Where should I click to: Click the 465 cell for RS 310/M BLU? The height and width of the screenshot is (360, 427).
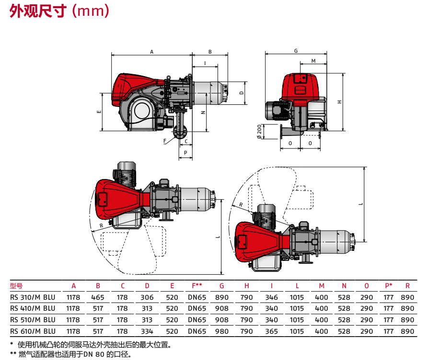(98, 297)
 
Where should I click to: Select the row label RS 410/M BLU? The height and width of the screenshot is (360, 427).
(33, 308)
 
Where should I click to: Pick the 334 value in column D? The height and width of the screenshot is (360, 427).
(147, 331)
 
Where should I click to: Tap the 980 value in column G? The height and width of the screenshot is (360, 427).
(222, 331)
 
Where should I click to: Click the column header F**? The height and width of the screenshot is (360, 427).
(197, 286)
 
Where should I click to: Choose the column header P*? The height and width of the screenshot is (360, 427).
(389, 286)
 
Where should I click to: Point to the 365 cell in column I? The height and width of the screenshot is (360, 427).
(271, 331)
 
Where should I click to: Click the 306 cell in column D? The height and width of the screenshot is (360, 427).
(147, 297)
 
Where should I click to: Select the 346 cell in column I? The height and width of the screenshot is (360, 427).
(271, 297)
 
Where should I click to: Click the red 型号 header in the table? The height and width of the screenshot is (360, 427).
(16, 286)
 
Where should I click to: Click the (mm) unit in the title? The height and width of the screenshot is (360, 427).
(90, 11)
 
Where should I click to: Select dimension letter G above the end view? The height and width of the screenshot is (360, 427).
(296, 51)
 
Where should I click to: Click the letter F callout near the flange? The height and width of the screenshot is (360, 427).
(165, 141)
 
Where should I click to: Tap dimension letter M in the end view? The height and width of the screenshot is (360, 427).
(313, 61)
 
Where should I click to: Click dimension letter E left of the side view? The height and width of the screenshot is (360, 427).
(98, 112)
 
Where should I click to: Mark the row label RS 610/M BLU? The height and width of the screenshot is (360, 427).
(33, 331)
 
